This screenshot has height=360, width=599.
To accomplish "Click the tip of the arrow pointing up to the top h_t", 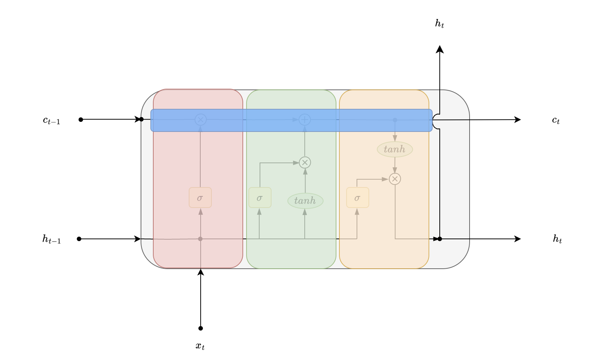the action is point(440,45).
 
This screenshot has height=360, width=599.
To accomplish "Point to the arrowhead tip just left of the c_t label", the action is point(521,120).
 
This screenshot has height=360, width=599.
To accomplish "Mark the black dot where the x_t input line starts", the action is point(201,328).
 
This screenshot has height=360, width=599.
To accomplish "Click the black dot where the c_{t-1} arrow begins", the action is point(81,120).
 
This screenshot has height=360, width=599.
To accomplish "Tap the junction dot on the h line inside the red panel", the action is point(200,239).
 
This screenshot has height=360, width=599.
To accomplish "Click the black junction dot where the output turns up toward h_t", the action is point(440,239).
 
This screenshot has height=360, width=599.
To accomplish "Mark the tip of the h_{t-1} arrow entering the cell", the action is point(141,239).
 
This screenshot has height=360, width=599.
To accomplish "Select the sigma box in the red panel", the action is point(200,198).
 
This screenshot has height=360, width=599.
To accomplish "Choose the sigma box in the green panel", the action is point(260,198).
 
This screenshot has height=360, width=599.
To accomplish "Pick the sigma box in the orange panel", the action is point(358,198).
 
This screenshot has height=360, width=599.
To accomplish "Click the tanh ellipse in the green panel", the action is point(305,201).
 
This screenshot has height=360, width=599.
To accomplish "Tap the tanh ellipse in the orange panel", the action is point(395,149).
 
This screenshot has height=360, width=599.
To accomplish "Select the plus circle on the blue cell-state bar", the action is point(305,120).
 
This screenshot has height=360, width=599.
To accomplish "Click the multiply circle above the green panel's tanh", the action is point(305,162).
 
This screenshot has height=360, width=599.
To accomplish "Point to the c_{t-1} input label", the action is point(51,120).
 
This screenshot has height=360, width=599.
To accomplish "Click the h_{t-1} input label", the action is point(51,239).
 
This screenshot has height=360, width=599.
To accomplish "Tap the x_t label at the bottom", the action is point(200,346).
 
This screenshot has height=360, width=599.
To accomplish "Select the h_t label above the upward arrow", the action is point(440,23).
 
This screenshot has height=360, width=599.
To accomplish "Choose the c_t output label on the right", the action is point(556,120).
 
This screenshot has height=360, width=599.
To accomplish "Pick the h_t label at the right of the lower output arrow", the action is point(557,239).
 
